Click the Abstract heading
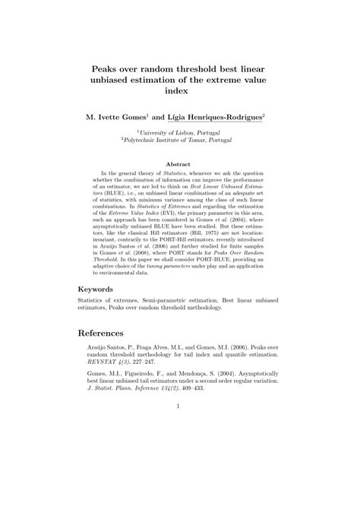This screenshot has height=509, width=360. pyautogui.click(x=180, y=163)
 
